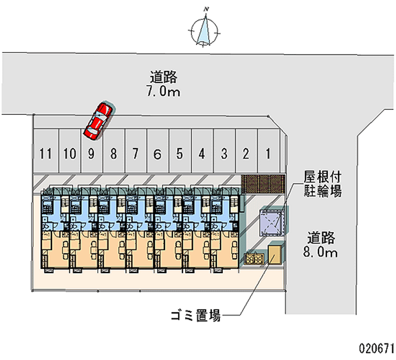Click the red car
[99, 120]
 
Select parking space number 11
[46, 154]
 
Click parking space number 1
[268, 154]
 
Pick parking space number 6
[157, 154]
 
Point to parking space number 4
[202, 154]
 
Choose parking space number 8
[113, 154]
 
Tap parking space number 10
[69, 154]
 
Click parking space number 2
[246, 154]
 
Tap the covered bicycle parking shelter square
[272, 221]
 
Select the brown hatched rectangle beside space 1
[263, 183]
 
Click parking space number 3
[224, 154]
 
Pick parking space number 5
[180, 154]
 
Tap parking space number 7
[135, 154]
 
